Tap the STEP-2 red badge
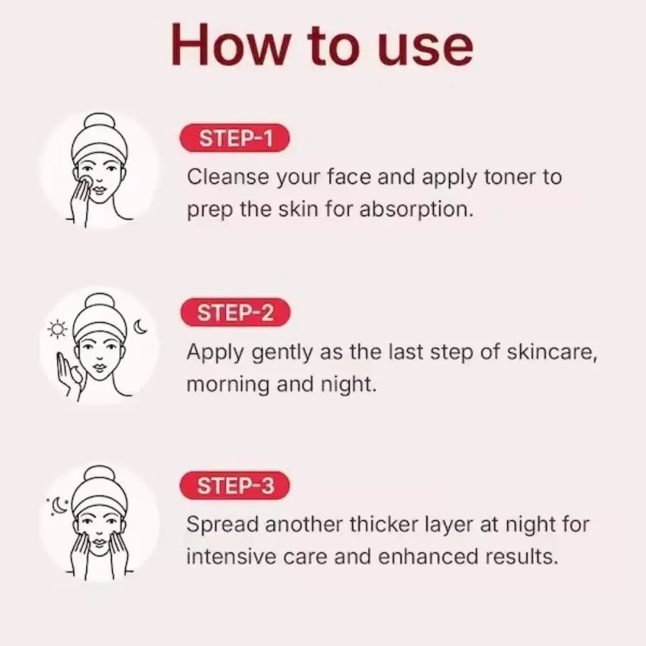[x=236, y=313]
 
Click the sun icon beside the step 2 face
[x=58, y=330]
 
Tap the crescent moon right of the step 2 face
[x=140, y=327]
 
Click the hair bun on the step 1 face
[x=99, y=123]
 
